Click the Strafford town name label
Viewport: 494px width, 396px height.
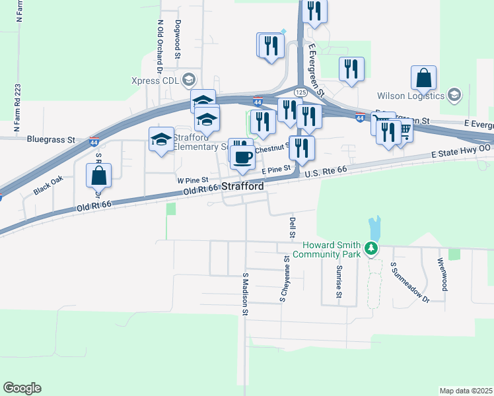[242, 187]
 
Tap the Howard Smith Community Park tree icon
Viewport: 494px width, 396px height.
[372, 249]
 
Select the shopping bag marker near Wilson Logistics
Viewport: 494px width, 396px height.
[423, 79]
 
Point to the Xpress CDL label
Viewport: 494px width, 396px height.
[155, 81]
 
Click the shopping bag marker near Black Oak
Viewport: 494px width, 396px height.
[98, 176]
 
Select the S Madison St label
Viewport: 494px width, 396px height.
[244, 294]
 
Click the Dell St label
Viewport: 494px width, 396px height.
[291, 226]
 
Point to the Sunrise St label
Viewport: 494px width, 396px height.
[338, 282]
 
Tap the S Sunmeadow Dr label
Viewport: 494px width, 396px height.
[409, 282]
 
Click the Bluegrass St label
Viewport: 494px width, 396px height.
[52, 140]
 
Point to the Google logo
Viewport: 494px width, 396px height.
[22, 388]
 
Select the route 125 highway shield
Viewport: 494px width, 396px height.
[300, 92]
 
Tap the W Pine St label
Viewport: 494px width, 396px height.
[192, 180]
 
